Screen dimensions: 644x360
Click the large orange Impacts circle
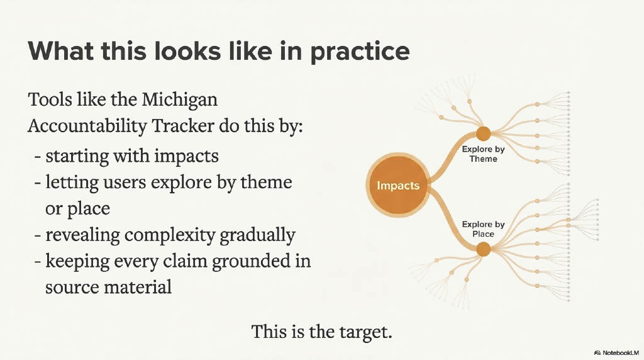click(x=398, y=185)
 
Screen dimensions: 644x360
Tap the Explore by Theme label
click(x=483, y=154)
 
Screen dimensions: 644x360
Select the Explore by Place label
click(x=483, y=229)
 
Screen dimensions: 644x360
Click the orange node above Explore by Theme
click(x=484, y=133)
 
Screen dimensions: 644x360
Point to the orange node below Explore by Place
click(x=484, y=249)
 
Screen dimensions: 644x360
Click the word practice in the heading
click(x=360, y=52)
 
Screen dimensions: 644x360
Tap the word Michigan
click(x=179, y=99)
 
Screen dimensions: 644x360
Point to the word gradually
click(x=257, y=235)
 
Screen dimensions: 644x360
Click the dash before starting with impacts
click(x=38, y=157)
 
